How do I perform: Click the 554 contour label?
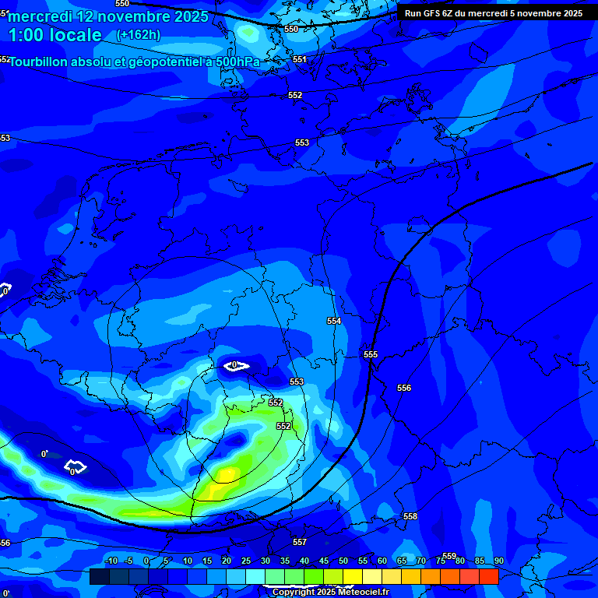pyautogui.click(x=334, y=321)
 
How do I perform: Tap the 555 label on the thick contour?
pyautogui.click(x=371, y=354)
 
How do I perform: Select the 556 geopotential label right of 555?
pyautogui.click(x=404, y=388)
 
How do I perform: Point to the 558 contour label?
pyautogui.click(x=410, y=516)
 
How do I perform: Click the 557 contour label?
pyautogui.click(x=300, y=542)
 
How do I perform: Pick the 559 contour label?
pyautogui.click(x=449, y=556)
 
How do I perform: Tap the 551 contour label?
pyautogui.click(x=300, y=59)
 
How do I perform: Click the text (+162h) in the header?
pyautogui.click(x=139, y=35)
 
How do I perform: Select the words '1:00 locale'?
pyautogui.click(x=55, y=35)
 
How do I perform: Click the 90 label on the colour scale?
pyautogui.click(x=498, y=561)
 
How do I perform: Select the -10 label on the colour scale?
pyautogui.click(x=111, y=561)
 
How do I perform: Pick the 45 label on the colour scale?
pyautogui.click(x=324, y=561)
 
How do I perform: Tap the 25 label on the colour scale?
pyautogui.click(x=246, y=561)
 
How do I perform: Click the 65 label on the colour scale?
pyautogui.click(x=402, y=561)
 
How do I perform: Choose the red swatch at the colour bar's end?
pyautogui.click(x=488, y=576)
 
